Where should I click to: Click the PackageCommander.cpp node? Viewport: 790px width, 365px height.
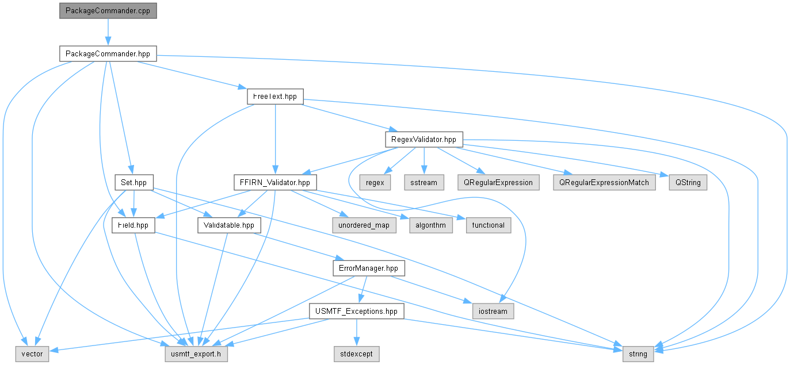tap(108, 11)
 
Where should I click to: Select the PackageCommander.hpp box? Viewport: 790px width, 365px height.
tap(108, 53)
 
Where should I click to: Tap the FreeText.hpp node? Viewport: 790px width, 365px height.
tap(275, 97)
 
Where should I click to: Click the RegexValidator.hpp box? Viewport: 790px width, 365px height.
tap(424, 140)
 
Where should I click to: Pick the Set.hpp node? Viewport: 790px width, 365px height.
tap(134, 183)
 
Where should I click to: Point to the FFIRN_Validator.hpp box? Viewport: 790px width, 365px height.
tap(275, 183)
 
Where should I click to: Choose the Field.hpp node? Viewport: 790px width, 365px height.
tap(133, 225)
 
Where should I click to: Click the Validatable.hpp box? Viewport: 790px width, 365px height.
tap(229, 225)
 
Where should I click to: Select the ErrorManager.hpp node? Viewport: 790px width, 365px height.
tap(369, 268)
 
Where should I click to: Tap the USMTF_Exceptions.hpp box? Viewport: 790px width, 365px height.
tap(357, 311)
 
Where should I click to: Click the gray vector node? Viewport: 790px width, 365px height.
tap(32, 354)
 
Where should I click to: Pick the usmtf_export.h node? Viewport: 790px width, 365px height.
tap(196, 354)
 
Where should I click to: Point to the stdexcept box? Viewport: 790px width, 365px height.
tap(357, 354)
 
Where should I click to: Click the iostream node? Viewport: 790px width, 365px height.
tap(493, 311)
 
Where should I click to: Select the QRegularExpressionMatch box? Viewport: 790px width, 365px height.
tap(604, 183)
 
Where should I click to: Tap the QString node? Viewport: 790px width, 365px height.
tap(688, 183)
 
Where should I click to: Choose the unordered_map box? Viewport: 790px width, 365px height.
tap(364, 225)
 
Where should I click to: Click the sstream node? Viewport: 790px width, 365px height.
tap(424, 183)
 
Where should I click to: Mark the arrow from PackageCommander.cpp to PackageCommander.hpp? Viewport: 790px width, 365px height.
tap(108, 32)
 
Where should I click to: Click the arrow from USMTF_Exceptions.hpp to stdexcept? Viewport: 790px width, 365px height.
tap(357, 333)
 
